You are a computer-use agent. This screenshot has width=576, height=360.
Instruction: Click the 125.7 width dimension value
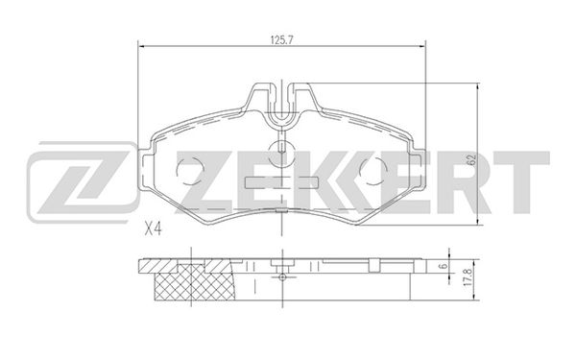280,39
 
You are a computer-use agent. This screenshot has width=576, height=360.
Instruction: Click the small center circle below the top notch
281,149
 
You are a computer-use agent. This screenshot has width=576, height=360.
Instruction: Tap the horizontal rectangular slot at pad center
281,180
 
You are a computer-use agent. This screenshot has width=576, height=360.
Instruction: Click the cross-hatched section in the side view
196,284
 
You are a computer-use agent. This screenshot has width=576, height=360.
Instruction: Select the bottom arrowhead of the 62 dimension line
477,224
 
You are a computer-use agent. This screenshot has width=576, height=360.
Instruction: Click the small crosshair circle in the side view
281,276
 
